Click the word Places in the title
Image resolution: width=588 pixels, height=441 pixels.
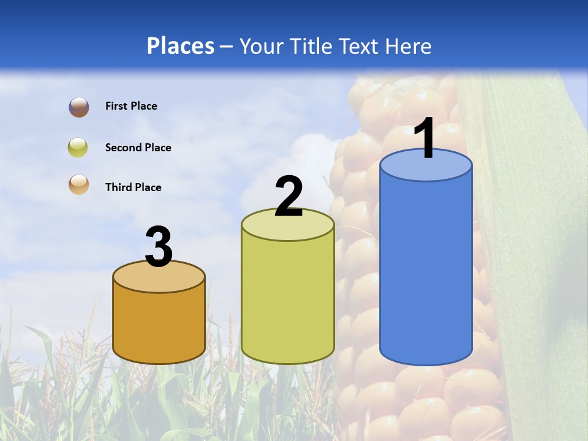181,46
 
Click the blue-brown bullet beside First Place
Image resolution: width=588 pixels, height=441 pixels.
78,107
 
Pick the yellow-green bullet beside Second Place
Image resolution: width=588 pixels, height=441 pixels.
78,148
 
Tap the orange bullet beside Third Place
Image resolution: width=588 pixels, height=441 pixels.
78,185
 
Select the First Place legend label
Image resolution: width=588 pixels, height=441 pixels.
131,106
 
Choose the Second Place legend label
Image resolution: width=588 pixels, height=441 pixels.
138,148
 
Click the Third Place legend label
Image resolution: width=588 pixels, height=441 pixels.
133,187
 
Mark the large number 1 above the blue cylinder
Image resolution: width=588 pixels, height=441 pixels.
424,138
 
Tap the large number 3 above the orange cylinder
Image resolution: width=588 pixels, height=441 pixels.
159,247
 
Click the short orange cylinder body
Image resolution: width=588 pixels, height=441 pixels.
159,325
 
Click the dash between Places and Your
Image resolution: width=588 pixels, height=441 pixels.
227,47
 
